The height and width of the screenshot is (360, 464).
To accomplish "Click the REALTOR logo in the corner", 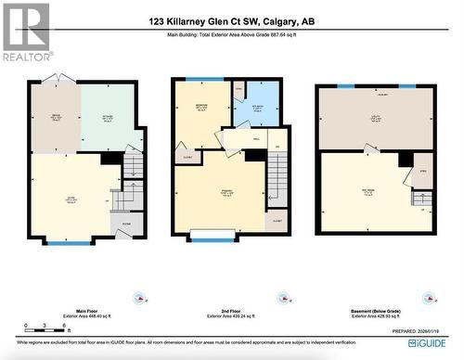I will [x=25, y=32].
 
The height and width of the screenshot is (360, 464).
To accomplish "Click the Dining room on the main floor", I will [x=55, y=118].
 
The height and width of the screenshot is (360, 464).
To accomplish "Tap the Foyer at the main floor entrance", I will [x=125, y=224].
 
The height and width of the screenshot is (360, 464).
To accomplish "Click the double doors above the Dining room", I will [x=57, y=78].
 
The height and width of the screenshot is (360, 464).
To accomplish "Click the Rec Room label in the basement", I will [x=368, y=192].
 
